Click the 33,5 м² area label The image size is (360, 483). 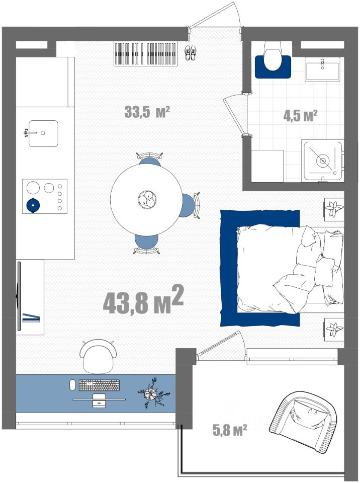(147, 112)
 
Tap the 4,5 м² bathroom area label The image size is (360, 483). (300, 116)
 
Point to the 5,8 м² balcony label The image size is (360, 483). (230, 430)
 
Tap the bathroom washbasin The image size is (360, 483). (322, 69)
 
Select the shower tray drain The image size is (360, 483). (323, 160)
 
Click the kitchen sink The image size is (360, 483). (43, 133)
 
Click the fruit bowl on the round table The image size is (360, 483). (147, 199)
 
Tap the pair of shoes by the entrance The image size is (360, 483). (190, 52)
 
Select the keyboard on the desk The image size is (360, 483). (99, 385)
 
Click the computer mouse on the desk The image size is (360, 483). (72, 385)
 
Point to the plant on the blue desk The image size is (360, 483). (152, 393)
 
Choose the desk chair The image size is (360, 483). (98, 356)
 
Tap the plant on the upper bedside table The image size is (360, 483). (334, 209)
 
